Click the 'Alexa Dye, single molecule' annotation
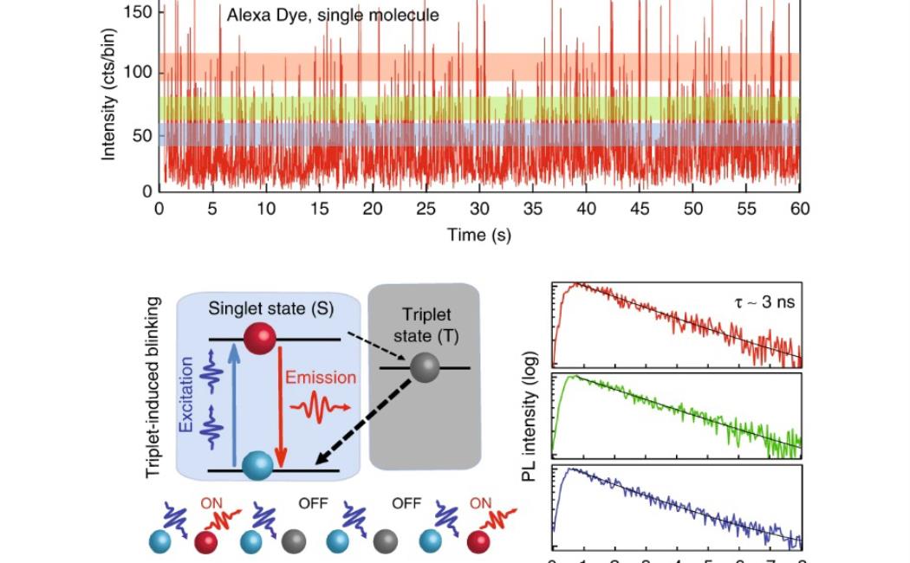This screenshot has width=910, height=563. pos(333,15)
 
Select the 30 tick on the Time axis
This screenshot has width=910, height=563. pos(479,209)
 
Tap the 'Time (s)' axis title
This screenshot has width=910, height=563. pos(479,235)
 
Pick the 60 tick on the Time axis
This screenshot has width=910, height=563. pos(799,209)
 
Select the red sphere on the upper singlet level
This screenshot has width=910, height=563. pos(259,338)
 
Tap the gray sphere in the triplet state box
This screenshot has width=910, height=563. pos(424,367)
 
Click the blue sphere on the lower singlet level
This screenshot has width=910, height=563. pos(257,466)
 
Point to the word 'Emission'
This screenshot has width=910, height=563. pos(321,378)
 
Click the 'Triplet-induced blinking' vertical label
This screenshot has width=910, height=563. pos(153,387)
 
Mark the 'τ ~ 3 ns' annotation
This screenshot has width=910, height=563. pos(761,301)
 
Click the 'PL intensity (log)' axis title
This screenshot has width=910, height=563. pos(530,417)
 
